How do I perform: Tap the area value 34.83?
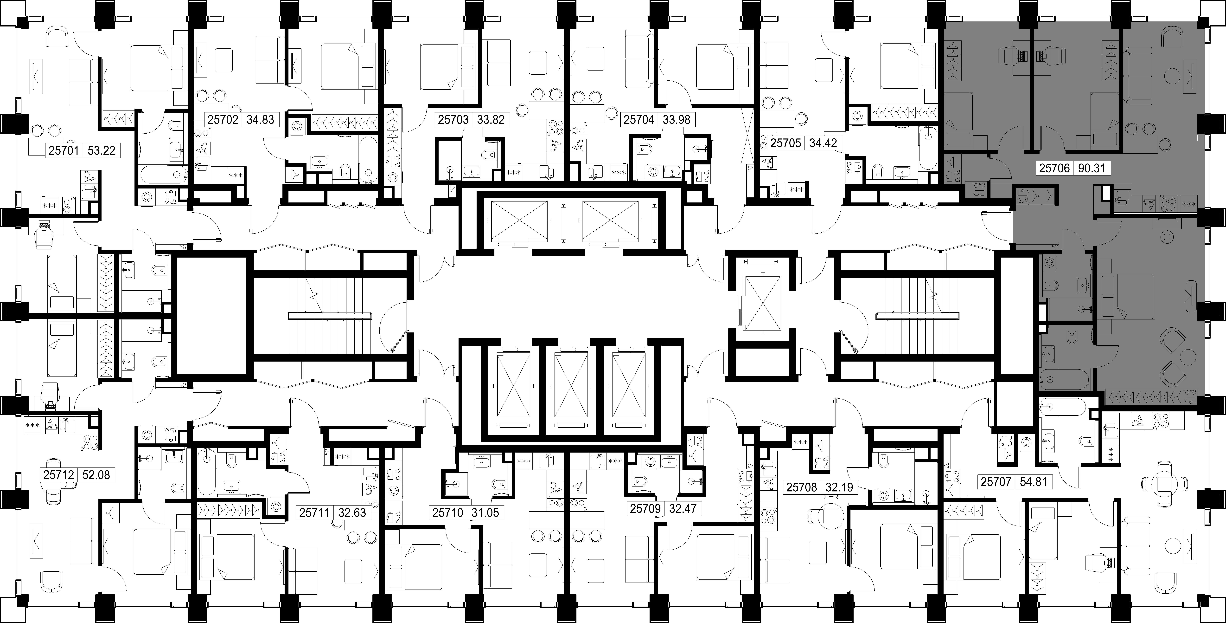[x=260, y=119]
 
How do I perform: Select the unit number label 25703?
[x=454, y=119]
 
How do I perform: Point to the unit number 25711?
[x=315, y=513]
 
